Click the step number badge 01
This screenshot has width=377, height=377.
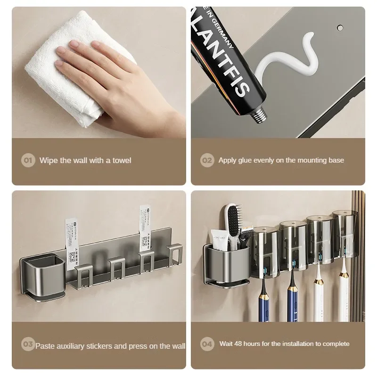click(x=28, y=160)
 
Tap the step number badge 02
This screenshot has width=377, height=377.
click(x=207, y=160)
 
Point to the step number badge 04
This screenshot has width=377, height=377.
click(x=207, y=344)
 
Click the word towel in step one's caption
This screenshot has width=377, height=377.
click(x=121, y=160)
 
